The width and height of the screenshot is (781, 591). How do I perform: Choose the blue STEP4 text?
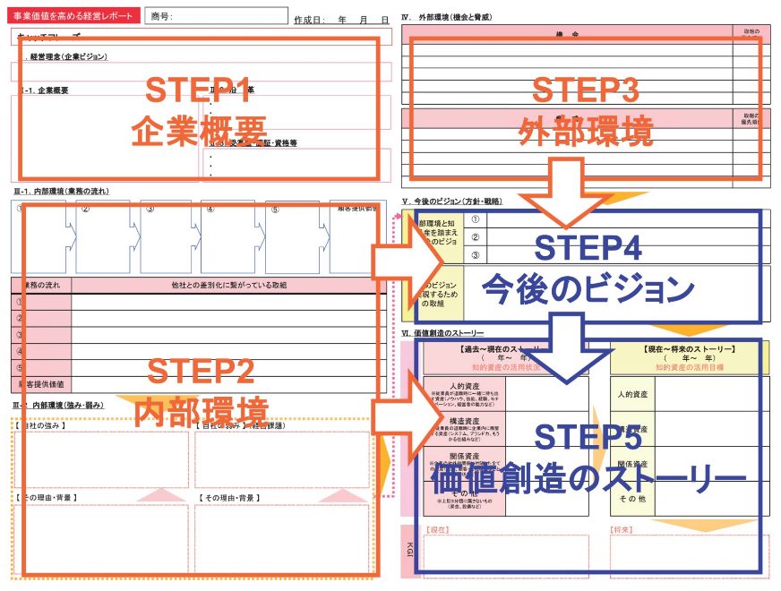point(587,248)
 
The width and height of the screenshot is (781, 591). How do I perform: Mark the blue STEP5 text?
point(587,436)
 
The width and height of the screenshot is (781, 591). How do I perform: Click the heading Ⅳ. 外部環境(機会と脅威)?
point(448,18)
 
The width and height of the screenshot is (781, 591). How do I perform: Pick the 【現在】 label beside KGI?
point(438,530)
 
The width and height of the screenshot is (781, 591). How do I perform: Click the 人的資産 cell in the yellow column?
point(632,393)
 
